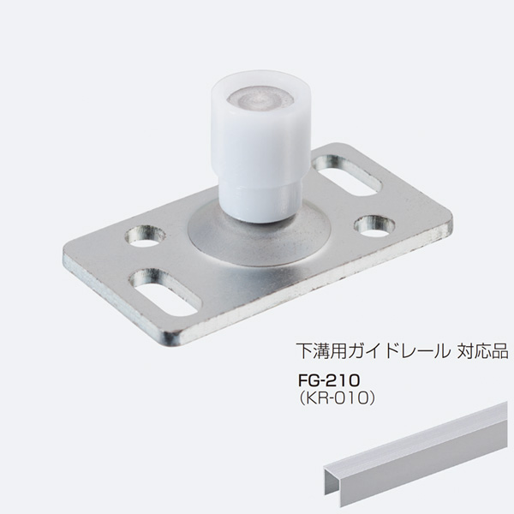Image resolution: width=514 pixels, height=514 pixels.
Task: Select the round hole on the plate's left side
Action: point(146,236)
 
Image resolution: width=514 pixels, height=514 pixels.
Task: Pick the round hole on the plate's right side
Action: point(374,226)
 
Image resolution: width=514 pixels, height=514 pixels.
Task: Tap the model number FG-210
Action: point(329,380)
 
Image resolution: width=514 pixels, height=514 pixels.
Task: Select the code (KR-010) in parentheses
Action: point(336,398)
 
